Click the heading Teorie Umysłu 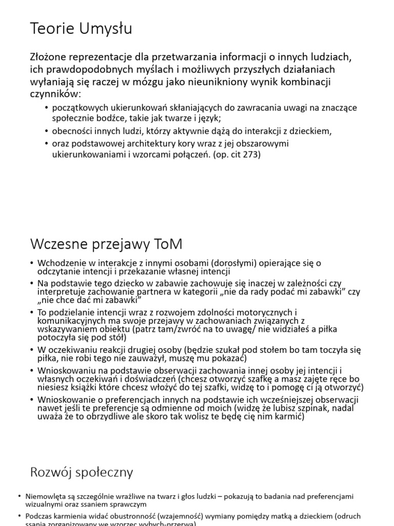(81, 29)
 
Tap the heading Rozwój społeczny (82, 472)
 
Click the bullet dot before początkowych (47, 108)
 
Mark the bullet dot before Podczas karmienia (19, 516)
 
